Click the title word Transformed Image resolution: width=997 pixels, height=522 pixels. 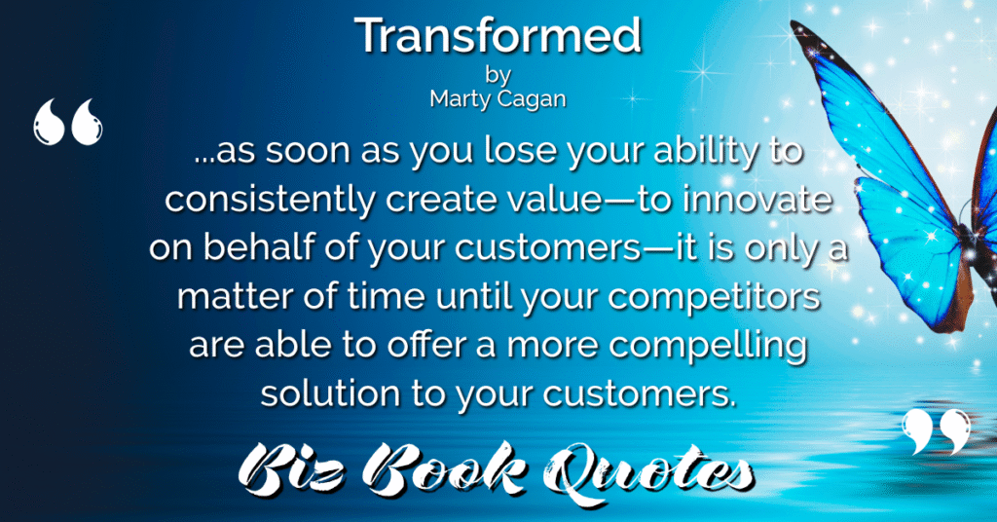(x=498, y=36)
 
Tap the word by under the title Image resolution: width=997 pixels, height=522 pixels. (x=498, y=76)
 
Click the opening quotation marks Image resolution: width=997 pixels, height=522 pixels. (x=67, y=122)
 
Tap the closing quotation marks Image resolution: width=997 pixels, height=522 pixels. (x=937, y=431)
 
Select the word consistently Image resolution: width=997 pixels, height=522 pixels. (x=271, y=200)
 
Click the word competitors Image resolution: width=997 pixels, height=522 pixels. (x=714, y=297)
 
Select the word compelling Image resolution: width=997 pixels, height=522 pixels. (x=709, y=346)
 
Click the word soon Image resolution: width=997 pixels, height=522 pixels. (x=308, y=151)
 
